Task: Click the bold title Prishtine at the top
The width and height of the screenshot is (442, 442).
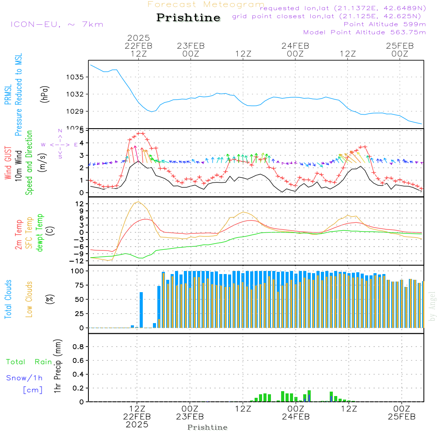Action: [188, 18]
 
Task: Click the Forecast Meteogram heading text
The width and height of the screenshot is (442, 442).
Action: [206, 4]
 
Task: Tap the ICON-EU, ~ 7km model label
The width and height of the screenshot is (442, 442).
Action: [57, 24]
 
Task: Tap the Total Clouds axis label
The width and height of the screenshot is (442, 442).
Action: [8, 299]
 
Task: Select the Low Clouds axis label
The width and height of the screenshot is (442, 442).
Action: [29, 299]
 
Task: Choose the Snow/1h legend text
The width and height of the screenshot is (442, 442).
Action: [25, 378]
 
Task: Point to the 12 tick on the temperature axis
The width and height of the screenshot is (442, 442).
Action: [72, 204]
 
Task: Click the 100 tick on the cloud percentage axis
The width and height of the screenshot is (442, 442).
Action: [71, 271]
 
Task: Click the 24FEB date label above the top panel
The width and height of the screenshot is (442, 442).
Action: [295, 46]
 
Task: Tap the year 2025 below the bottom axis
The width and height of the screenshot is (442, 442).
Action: [137, 424]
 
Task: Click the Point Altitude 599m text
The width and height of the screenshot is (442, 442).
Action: [385, 24]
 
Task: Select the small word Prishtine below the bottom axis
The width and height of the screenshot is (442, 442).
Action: [207, 427]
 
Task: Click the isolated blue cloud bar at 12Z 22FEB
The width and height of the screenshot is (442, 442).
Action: [141, 309]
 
